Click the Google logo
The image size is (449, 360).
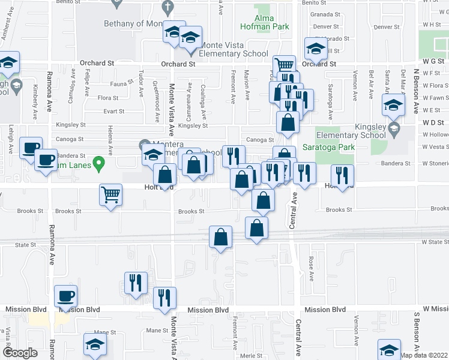[x=20, y=353]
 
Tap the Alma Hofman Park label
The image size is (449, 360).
[x=265, y=22]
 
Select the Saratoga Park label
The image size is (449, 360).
[x=336, y=147]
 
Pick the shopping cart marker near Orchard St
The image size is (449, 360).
[x=285, y=65]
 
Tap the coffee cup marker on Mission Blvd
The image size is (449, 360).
[x=66, y=295]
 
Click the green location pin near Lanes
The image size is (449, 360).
[x=101, y=162]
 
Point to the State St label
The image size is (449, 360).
[x=26, y=245]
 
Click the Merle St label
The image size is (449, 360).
[x=249, y=355]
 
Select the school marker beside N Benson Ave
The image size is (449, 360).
[x=393, y=106]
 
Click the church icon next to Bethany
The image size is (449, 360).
[x=169, y=7]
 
